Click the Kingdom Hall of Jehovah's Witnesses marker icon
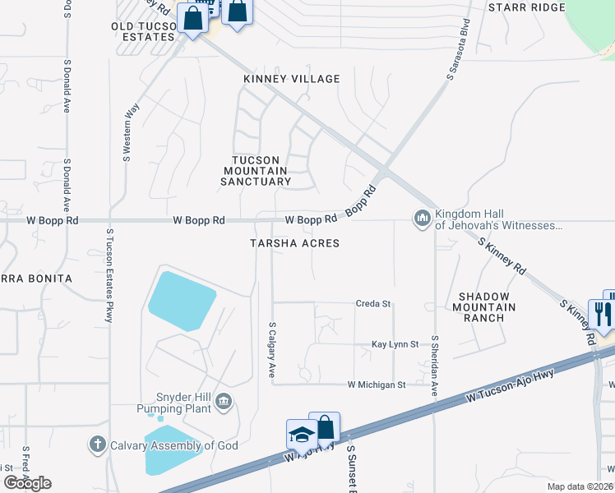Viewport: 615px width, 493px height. point(423,218)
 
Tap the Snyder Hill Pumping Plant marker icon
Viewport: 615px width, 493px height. point(225,400)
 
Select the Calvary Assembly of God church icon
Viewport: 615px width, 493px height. point(97,445)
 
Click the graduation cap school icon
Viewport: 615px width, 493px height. point(301,433)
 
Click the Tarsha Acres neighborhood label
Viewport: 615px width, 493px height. point(294,243)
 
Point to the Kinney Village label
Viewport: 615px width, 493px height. point(291,79)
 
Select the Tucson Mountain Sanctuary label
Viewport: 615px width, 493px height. point(256,171)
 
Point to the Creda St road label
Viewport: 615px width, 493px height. point(372,303)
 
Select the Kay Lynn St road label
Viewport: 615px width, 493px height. point(395,344)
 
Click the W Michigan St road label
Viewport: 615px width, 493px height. point(377,385)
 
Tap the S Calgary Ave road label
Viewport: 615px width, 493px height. point(272,349)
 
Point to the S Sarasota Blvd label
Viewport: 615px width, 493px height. point(457,48)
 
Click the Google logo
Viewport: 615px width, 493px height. point(27,483)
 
